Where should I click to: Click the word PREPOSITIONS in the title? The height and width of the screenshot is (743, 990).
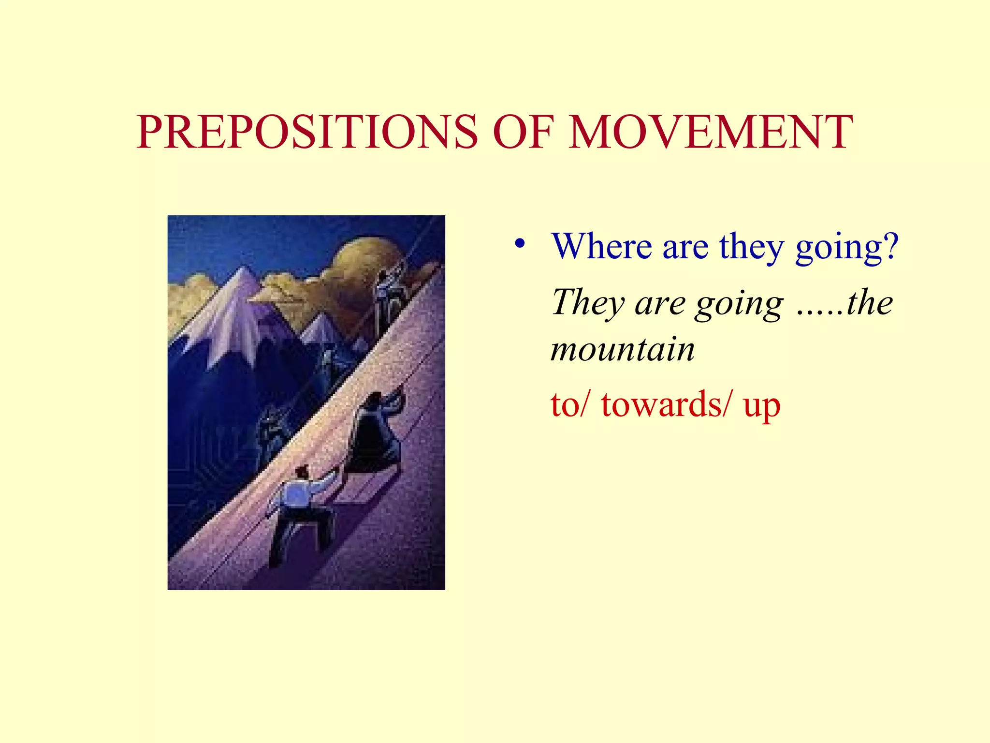[307, 132]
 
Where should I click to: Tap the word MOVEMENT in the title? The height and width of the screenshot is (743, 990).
[711, 132]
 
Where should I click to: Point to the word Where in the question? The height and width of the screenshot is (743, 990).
[602, 247]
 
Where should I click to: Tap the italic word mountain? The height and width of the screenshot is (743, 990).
[623, 350]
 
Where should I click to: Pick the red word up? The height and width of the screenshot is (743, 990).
[762, 406]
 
